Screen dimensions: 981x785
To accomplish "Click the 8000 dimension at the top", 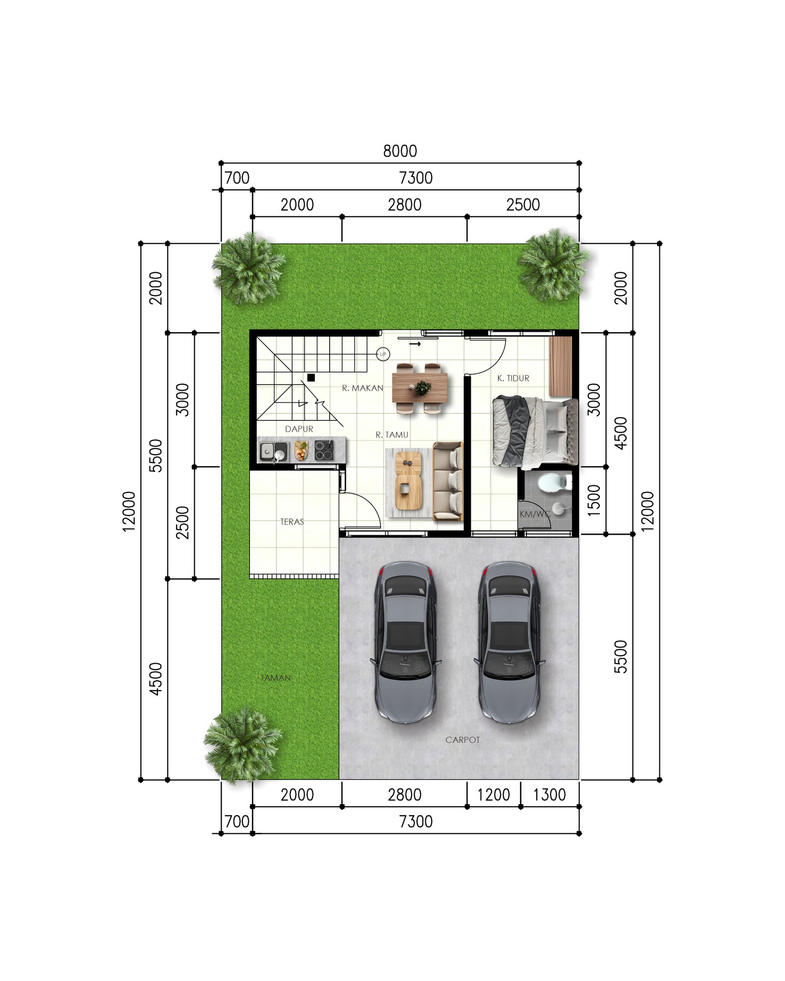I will [x=400, y=151].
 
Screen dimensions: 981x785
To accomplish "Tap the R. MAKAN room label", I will [x=363, y=388].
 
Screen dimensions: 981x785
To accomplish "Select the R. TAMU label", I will [x=392, y=435].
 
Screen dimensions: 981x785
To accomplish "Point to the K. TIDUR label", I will [x=513, y=378].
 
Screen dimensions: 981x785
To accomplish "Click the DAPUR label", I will [x=299, y=429].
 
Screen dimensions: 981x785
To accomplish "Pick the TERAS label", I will [x=292, y=522].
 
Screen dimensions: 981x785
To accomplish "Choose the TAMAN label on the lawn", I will [x=275, y=678].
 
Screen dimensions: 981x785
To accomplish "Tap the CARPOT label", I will [x=462, y=740].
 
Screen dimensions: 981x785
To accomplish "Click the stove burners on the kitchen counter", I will [x=324, y=450].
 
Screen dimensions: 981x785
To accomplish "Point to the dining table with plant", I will [x=419, y=387].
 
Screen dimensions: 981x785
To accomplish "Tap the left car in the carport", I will [x=405, y=643].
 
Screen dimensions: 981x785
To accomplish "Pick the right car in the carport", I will [x=509, y=643].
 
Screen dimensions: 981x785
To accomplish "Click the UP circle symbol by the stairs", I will [x=383, y=354].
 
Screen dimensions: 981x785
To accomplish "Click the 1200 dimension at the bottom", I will [x=494, y=795].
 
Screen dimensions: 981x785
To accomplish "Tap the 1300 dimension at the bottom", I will [x=549, y=795].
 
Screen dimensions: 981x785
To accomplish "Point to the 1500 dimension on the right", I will [x=594, y=500].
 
